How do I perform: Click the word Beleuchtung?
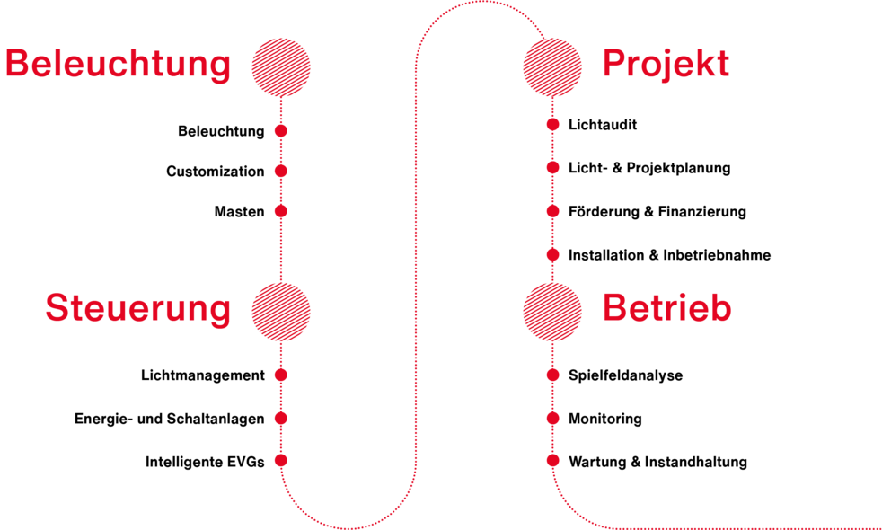coord(118,66)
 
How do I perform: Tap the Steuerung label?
coord(138,308)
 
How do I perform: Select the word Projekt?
coord(666,65)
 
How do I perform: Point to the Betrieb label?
coord(666,308)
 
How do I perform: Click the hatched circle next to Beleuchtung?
coord(281,66)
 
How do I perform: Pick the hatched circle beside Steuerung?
coord(281,311)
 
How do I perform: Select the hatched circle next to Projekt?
coord(553,66)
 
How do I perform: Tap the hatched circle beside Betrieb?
coord(553,311)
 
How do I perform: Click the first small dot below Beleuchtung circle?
coord(281,130)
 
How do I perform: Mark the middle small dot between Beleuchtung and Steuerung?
coord(281,171)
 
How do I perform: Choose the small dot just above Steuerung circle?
coord(281,211)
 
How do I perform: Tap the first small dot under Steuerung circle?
coord(281,375)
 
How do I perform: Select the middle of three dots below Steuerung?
coord(281,418)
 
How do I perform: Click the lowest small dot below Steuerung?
coord(281,460)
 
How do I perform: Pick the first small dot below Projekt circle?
coord(553,124)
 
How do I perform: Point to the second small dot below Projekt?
coord(553,167)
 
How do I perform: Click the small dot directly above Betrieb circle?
coord(553,254)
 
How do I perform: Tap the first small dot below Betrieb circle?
coord(553,375)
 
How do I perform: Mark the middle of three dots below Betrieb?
coord(553,418)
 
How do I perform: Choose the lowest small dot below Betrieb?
coord(553,460)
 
